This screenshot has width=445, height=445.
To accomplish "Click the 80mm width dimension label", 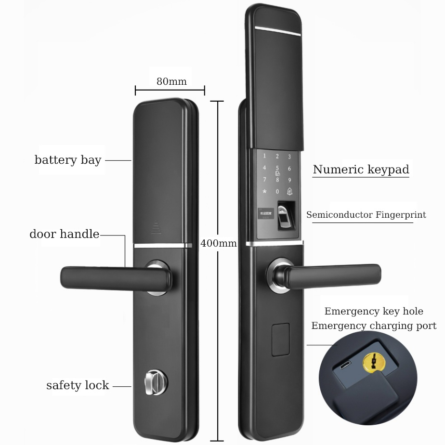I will pyautogui.click(x=171, y=81).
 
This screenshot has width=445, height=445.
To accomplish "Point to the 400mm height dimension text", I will pyautogui.click(x=219, y=243).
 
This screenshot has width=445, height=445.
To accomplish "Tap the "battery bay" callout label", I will pyautogui.click(x=68, y=160).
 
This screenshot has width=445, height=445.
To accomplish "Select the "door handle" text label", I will pyautogui.click(x=65, y=235).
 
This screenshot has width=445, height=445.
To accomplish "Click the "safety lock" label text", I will pyautogui.click(x=78, y=386).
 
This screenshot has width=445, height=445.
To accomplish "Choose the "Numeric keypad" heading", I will pyautogui.click(x=361, y=170).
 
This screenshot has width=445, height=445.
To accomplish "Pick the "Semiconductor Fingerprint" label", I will pyautogui.click(x=366, y=215).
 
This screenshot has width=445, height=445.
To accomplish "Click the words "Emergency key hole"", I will pyautogui.click(x=374, y=312).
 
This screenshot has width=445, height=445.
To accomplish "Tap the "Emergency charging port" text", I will pyautogui.click(x=374, y=326).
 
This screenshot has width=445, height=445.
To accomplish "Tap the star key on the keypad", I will pyautogui.click(x=264, y=191).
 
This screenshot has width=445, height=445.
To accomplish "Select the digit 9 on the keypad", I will pyautogui.click(x=289, y=180).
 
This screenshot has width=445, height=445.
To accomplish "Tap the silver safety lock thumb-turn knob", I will pyautogui.click(x=154, y=382).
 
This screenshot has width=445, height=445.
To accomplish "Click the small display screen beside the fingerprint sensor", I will pyautogui.click(x=264, y=212).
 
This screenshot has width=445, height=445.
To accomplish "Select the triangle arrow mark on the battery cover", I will pyautogui.click(x=156, y=226).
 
